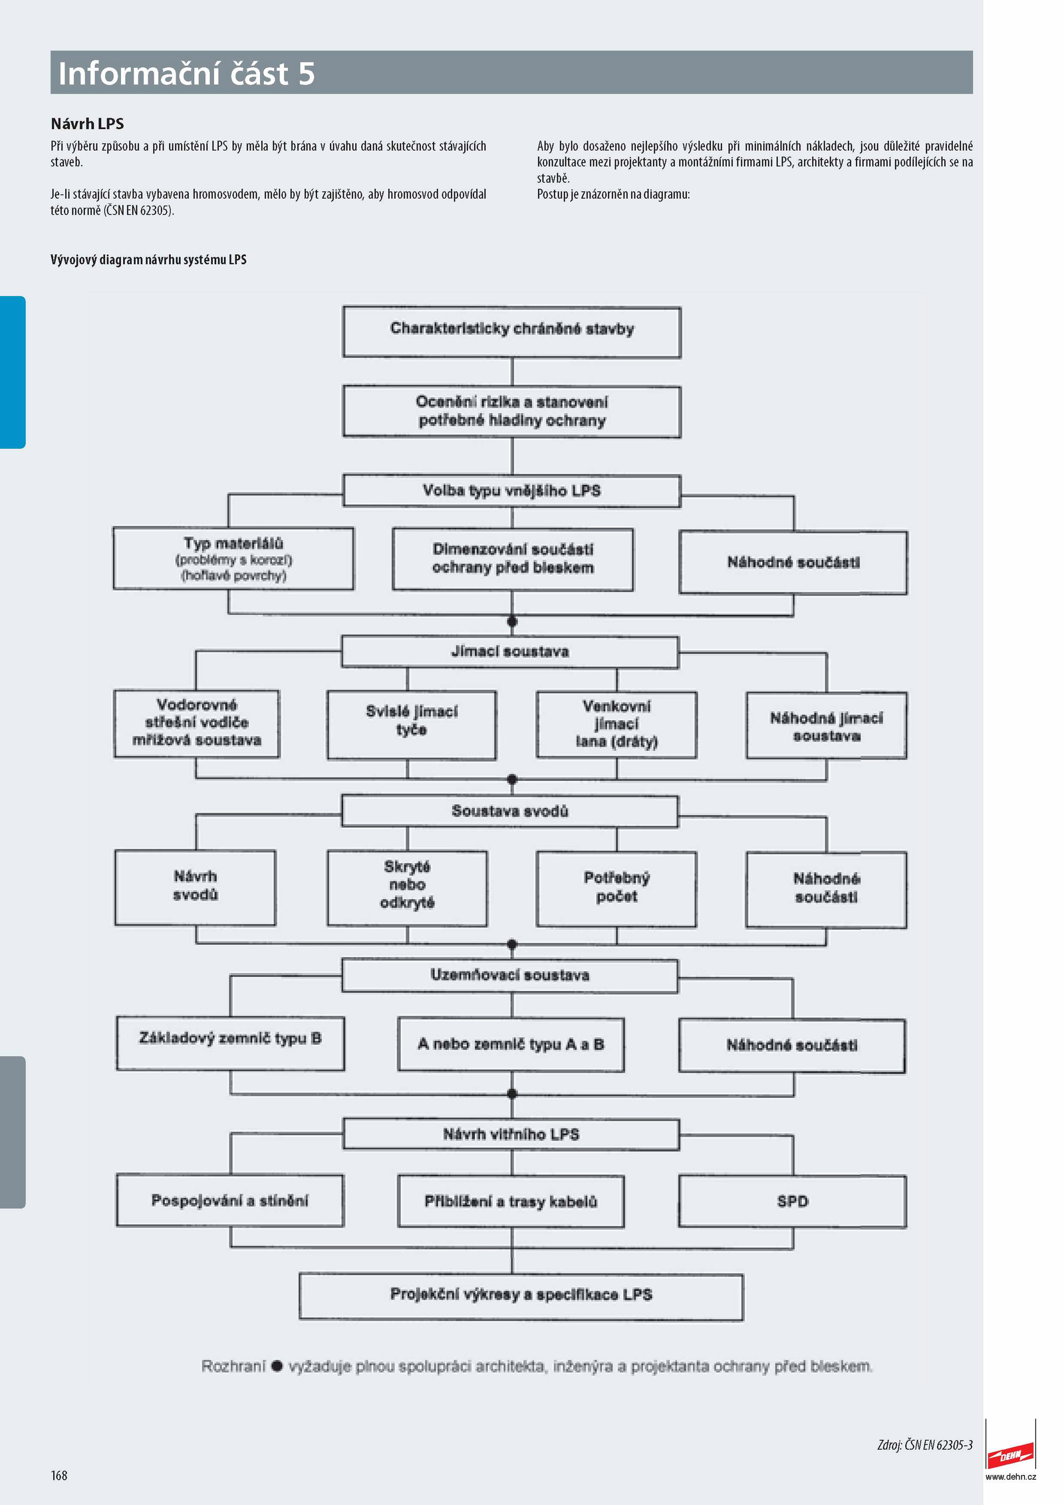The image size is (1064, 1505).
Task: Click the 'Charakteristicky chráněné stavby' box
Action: pos(511,332)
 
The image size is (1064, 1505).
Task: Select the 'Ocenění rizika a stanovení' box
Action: pos(511,412)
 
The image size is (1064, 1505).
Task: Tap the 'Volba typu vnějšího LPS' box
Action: pos(511,491)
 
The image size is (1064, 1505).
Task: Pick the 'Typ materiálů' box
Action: pos(233,559)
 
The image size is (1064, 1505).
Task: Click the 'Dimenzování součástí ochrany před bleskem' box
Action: pos(513,559)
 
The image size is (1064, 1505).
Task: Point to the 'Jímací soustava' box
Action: pos(510,652)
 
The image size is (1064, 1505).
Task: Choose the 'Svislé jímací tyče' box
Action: pos(412,725)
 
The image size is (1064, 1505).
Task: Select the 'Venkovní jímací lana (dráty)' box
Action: pos(616,725)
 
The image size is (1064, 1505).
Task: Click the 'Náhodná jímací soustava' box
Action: pos(827,726)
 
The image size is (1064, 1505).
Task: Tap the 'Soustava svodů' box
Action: pos(510,811)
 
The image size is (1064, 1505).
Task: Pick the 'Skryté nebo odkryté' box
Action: pos(407,889)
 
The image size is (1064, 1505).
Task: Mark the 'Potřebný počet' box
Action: pos(616,889)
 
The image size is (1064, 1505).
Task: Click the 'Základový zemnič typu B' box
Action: pos(230,1043)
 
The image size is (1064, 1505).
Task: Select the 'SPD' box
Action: pos(793,1202)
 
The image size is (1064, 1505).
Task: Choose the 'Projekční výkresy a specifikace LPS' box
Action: pos(521,1296)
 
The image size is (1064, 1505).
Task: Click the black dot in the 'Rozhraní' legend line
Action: pos(277,1366)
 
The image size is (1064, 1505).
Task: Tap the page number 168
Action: pos(59,1475)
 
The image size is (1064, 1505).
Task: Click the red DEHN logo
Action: pos(1010,1454)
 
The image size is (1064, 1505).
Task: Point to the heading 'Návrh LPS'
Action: pos(87,124)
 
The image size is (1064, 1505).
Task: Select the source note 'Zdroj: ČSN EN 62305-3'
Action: pos(925,1445)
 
